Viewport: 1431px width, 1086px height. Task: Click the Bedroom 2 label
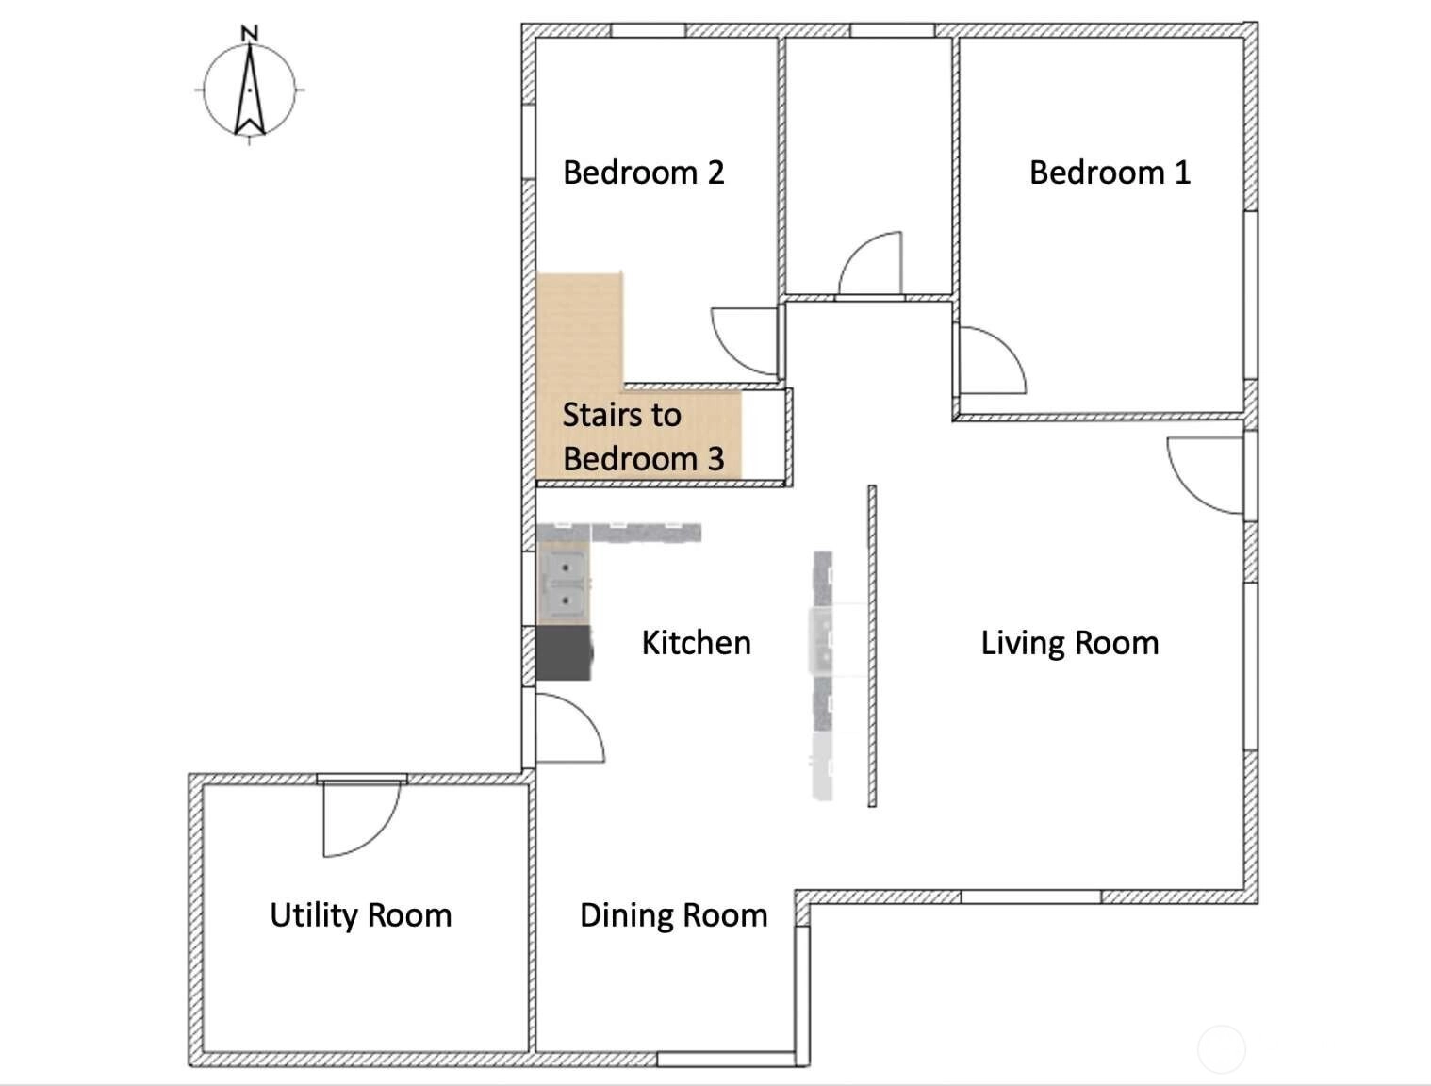[644, 173]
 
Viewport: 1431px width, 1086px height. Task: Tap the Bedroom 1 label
[1110, 173]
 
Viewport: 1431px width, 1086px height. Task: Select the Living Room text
[1070, 643]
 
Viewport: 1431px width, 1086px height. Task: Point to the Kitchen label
[697, 643]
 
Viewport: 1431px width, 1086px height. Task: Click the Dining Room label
[673, 915]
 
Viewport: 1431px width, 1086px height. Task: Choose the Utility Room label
[361, 915]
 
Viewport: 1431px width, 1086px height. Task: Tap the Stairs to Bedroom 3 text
[644, 436]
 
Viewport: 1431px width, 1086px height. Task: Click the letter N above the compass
[250, 33]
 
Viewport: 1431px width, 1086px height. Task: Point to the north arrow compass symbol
[250, 90]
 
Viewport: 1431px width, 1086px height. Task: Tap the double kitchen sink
[565, 584]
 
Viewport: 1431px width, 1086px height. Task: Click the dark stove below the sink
[564, 653]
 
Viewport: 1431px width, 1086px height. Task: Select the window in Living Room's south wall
[1031, 897]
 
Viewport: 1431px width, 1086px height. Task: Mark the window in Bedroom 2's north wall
[648, 30]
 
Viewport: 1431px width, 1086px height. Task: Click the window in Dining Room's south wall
[725, 1060]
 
